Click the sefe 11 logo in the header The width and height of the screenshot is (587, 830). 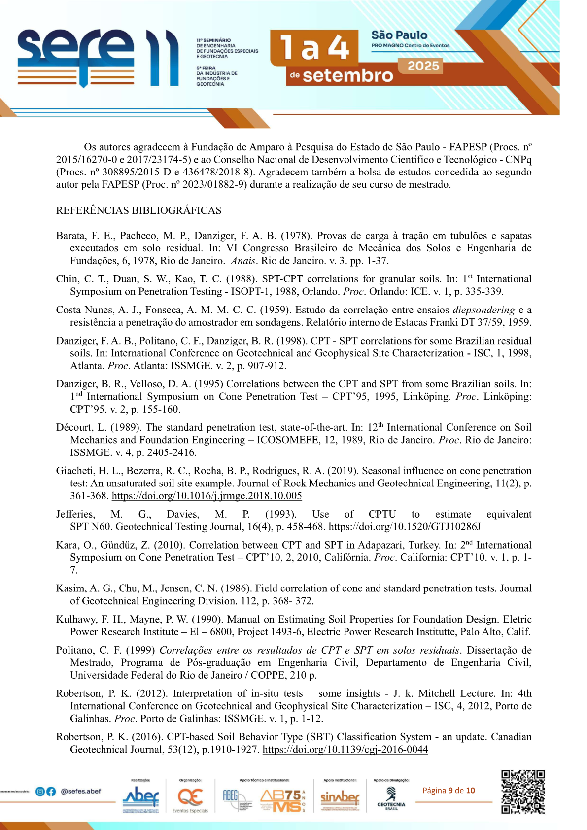tap(99, 58)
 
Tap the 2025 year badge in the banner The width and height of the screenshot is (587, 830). tap(423, 66)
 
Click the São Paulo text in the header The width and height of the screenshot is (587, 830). tap(399, 35)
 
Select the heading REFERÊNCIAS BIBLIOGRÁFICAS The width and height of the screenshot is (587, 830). tap(138, 210)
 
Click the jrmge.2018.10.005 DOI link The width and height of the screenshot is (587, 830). tap(207, 496)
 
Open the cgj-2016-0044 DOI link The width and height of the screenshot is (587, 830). tap(345, 750)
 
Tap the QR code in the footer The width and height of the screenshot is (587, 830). tap(523, 792)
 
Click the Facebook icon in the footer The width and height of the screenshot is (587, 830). tap(51, 792)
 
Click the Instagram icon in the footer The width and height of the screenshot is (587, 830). tap(40, 792)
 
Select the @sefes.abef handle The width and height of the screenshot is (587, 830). tap(81, 792)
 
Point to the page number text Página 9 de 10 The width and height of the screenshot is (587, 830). tap(449, 791)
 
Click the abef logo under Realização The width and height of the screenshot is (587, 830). tap(141, 796)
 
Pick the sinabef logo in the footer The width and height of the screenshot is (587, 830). tap(340, 797)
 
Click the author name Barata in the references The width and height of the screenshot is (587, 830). tap(71, 236)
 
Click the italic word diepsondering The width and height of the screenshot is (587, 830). tap(483, 310)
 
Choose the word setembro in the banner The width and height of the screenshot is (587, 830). tap(347, 75)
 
